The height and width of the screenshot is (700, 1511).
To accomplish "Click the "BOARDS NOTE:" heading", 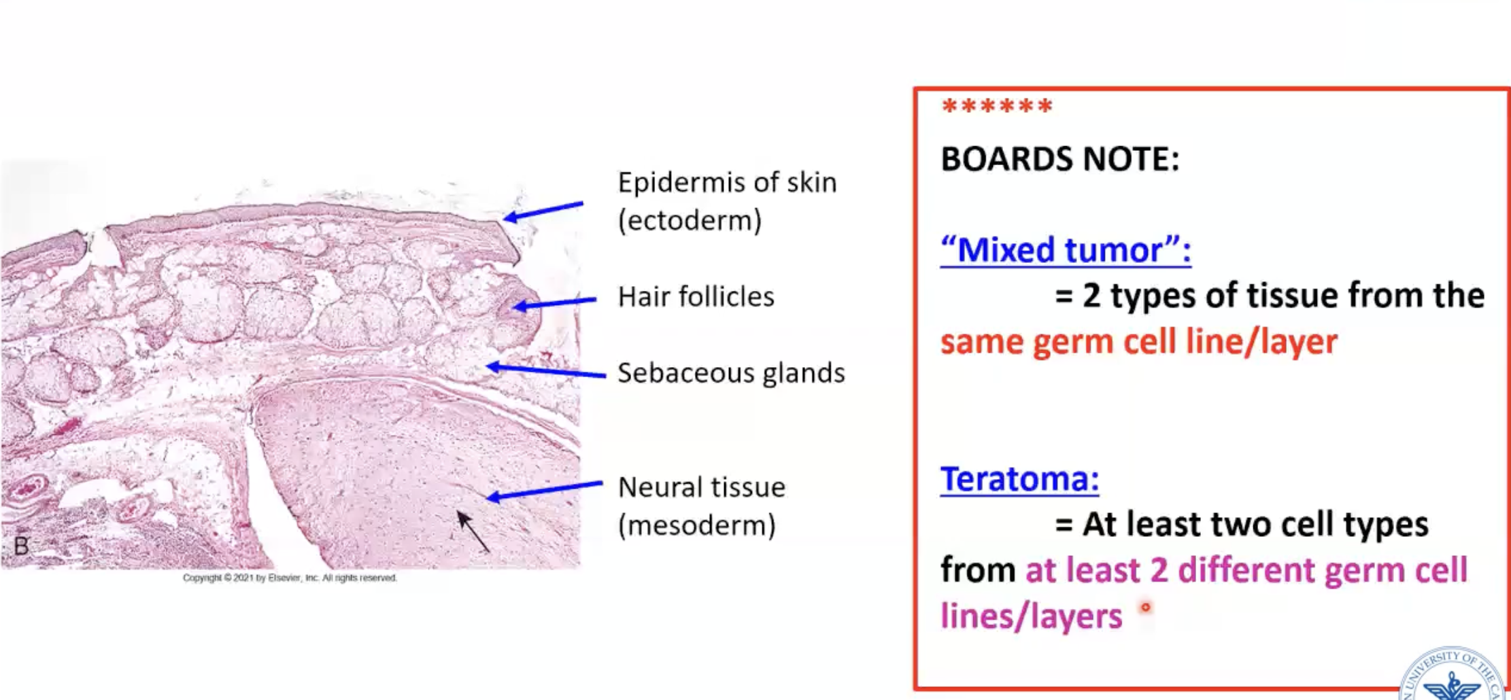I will point(1059,160).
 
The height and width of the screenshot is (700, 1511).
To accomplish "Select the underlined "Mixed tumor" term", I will point(1065,250).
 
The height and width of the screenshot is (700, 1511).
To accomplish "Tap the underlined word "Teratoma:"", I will point(1019,479).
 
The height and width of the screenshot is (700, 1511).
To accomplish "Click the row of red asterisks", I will point(997,107).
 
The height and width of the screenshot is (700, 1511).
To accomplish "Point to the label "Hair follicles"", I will point(696,297).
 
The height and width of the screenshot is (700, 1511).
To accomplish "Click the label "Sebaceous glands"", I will point(731,373).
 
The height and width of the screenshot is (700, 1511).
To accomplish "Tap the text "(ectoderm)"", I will point(690,221).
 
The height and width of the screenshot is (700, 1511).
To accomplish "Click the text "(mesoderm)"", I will point(696,525).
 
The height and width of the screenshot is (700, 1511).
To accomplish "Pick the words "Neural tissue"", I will point(701,487).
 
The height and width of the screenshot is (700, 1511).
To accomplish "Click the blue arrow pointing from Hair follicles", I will point(554,303).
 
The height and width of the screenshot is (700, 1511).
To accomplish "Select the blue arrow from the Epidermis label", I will point(543,211).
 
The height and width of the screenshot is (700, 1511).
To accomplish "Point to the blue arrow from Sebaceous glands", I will point(545,370).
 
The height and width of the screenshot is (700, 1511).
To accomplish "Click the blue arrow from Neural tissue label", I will point(544,490).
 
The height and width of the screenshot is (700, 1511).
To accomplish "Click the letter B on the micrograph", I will point(21,546).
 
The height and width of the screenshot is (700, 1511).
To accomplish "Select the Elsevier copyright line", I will point(290,578).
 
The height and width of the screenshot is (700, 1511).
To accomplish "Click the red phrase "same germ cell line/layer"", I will point(1138,342).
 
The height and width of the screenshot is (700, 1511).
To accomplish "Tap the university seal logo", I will point(1455,676).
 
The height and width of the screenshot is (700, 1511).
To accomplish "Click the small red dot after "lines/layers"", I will point(1146,607).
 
